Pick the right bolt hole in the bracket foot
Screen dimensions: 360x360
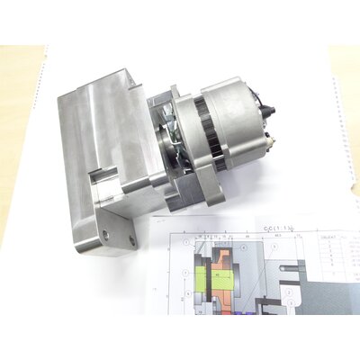[132, 241]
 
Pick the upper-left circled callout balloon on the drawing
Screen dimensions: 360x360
[185, 243]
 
